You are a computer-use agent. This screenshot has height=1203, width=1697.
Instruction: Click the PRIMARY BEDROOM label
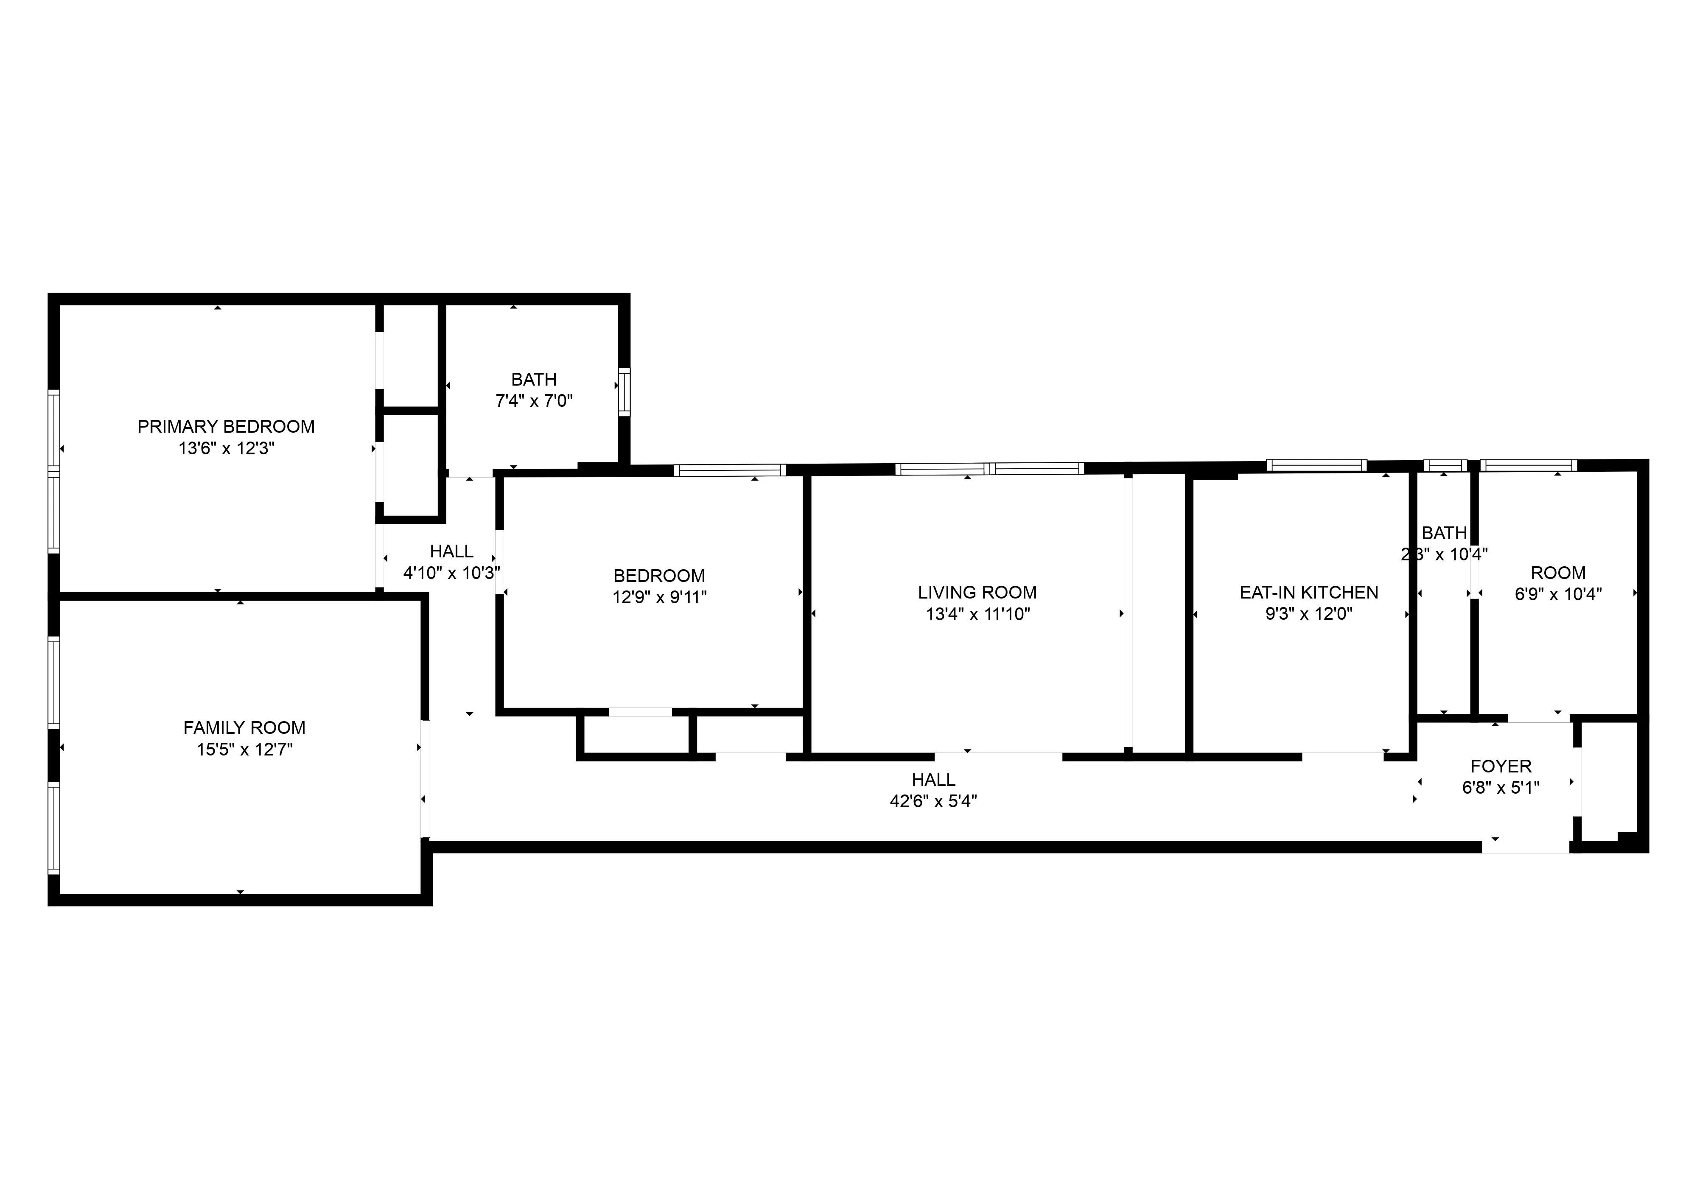click(226, 427)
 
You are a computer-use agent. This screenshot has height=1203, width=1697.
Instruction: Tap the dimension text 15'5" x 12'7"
click(244, 750)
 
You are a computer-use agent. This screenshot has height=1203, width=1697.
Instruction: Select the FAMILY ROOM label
click(244, 728)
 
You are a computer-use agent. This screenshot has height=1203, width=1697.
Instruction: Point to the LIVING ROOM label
click(977, 593)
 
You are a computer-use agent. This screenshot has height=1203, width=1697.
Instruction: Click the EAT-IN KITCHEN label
click(1309, 593)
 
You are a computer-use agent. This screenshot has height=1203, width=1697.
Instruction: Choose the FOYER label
click(1501, 767)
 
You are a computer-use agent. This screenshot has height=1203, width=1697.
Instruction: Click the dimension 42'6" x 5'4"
click(933, 802)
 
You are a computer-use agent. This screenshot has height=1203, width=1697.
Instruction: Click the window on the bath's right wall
click(624, 392)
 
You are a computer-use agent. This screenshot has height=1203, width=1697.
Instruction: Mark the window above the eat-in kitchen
click(1316, 465)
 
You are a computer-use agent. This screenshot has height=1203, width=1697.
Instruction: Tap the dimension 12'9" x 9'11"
click(659, 597)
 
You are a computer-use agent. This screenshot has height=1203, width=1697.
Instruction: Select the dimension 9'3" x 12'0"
click(1309, 614)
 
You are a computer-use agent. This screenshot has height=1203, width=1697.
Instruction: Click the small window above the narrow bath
click(1445, 466)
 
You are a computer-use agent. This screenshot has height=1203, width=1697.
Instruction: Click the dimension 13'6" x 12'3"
click(226, 448)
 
